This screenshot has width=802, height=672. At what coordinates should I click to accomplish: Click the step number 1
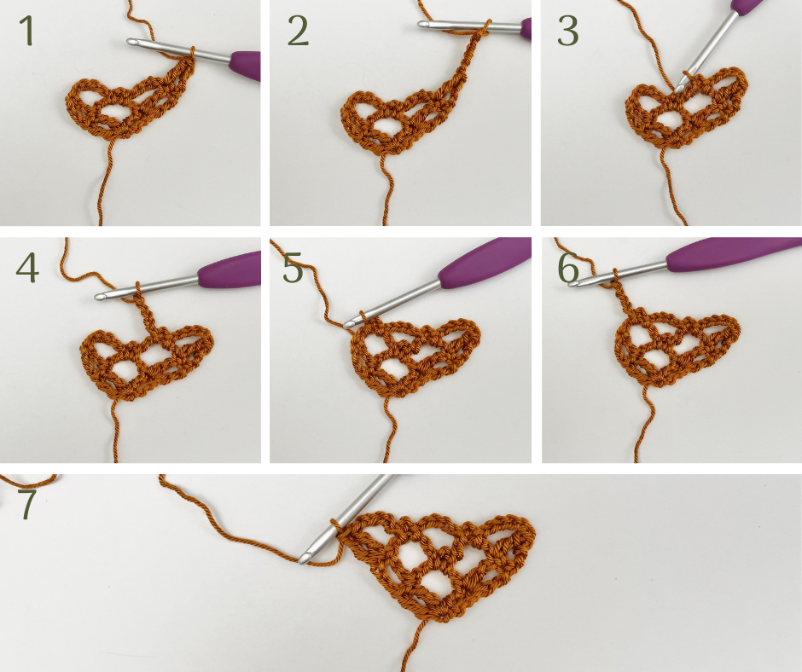click(x=26, y=31)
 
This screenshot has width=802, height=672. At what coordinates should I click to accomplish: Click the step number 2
click(x=298, y=31)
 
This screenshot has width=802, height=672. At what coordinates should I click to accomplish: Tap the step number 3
click(x=567, y=31)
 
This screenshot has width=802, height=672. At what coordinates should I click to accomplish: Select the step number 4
click(x=27, y=268)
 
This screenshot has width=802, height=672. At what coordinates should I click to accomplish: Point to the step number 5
click(x=293, y=268)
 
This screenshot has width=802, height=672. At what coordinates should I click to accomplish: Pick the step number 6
click(x=568, y=268)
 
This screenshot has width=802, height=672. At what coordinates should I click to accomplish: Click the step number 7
click(x=27, y=503)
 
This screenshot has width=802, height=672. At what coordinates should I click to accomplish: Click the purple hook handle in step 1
click(x=245, y=66)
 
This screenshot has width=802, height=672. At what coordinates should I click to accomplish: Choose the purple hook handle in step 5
click(x=485, y=264)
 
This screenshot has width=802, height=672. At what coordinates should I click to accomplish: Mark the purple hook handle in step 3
click(x=747, y=6)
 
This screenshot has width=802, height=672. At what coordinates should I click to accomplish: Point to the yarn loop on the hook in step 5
click(x=362, y=317)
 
